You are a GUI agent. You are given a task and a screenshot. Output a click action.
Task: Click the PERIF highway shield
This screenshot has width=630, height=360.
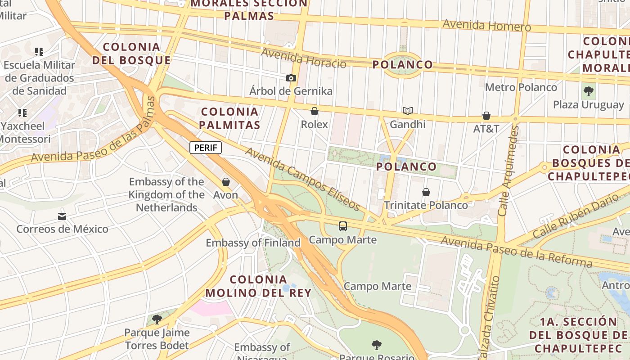[x=206, y=148]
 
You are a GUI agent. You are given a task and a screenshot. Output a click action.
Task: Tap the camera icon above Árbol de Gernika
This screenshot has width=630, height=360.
[x=291, y=78]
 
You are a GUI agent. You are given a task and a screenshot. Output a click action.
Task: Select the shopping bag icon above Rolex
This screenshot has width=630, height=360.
[x=315, y=111]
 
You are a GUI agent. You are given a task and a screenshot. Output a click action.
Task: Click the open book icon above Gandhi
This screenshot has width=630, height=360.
[x=408, y=111]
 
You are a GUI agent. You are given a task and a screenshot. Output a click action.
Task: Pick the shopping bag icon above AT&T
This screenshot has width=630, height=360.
[x=486, y=116]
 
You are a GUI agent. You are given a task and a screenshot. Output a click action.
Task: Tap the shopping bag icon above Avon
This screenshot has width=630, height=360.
[x=226, y=182]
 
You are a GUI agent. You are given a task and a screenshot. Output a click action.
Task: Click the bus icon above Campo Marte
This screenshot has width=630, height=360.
[x=343, y=226]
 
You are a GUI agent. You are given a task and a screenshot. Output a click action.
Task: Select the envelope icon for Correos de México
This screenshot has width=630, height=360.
[x=62, y=216]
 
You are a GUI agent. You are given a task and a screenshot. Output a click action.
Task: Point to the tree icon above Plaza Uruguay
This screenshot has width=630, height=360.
[x=588, y=92]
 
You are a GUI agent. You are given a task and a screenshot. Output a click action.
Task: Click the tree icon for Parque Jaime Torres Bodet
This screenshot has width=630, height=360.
[x=157, y=319]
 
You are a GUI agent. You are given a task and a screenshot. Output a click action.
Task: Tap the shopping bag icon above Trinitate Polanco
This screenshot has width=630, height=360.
[x=426, y=192]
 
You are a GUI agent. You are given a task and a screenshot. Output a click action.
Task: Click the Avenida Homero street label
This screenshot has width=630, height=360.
[x=486, y=25]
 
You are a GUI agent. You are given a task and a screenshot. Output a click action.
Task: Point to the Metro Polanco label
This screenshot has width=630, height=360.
[x=521, y=87]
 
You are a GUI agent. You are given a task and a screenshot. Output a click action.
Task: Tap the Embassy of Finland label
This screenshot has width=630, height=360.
[x=253, y=243]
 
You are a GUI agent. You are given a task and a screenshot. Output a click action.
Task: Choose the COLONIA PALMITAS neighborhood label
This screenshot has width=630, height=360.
[x=230, y=118]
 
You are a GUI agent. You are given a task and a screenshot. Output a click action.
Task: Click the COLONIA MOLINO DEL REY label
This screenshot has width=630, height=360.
[x=258, y=286]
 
